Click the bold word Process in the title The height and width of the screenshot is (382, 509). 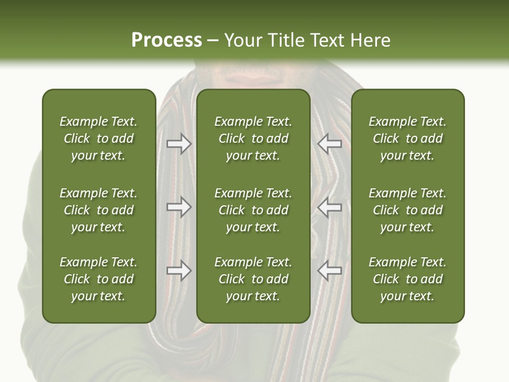(x=166, y=40)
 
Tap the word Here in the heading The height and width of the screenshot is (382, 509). (x=371, y=40)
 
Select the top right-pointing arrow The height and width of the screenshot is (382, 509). (x=179, y=144)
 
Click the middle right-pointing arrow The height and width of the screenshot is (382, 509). (x=179, y=207)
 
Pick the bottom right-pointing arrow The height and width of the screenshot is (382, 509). (x=179, y=271)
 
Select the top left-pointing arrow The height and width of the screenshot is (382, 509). (x=329, y=144)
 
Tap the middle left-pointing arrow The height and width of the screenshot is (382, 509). (x=329, y=207)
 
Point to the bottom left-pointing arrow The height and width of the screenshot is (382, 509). (x=329, y=271)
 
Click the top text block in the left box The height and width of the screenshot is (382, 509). (x=99, y=138)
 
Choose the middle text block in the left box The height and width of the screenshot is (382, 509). (x=99, y=210)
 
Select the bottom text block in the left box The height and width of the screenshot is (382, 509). (x=99, y=279)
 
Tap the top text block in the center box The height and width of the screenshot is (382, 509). (x=253, y=138)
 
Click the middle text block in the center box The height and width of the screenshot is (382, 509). (x=253, y=210)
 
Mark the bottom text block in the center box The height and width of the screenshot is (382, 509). (x=253, y=279)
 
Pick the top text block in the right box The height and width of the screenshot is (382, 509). (x=407, y=138)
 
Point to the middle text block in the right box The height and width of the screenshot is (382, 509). (x=407, y=210)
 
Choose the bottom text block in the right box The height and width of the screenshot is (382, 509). (x=407, y=279)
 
